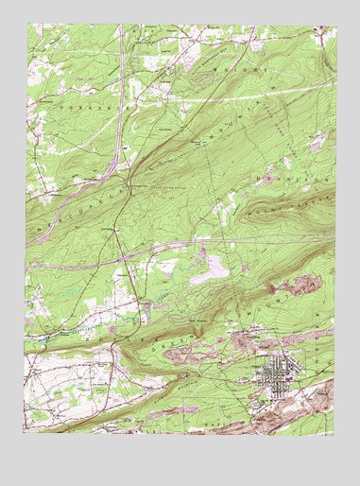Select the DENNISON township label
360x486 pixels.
click(296, 177)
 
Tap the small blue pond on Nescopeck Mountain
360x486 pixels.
click(200, 143)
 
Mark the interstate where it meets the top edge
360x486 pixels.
click(123, 28)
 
